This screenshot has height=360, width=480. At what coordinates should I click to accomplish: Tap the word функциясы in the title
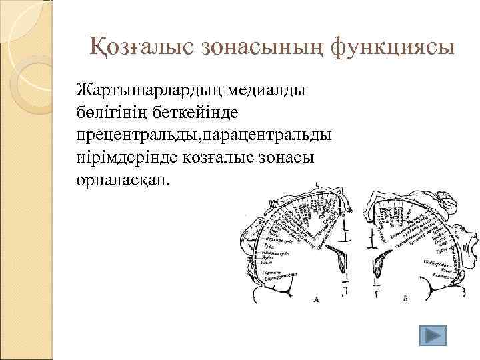coord(386,47)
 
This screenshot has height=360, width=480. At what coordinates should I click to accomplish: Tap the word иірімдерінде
coord(127,158)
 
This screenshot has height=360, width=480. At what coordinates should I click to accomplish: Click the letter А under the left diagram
coord(315,300)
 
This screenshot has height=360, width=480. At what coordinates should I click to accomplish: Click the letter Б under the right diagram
coord(405,300)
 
